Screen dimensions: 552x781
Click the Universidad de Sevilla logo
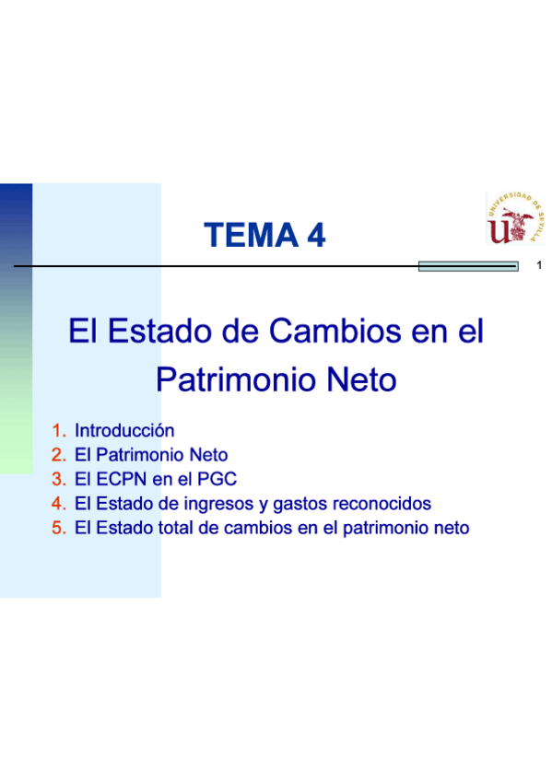pos(515,217)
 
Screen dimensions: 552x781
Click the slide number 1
pos(539,265)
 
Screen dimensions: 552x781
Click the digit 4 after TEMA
pos(316,235)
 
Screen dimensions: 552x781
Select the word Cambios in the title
pos(335,331)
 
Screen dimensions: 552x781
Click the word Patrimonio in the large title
pos(236,379)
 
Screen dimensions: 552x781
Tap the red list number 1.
pos(59,431)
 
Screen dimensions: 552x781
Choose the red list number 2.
pos(59,455)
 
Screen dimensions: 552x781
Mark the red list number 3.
pos(59,479)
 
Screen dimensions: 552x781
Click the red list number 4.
pos(59,504)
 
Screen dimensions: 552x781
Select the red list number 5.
pos(59,528)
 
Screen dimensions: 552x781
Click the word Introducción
pos(124,431)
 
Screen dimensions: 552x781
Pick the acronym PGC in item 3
pos(217,479)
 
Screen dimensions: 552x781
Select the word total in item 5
pos(175,528)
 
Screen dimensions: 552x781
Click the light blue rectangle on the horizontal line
pos(468,266)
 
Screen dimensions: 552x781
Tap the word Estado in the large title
pos(159,331)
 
